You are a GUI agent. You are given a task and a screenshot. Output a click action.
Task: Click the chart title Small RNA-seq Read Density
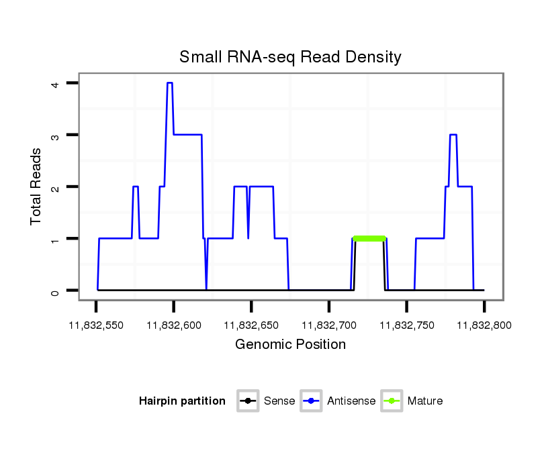click(290, 57)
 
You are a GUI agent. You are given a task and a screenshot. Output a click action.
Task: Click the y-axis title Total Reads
click(37, 187)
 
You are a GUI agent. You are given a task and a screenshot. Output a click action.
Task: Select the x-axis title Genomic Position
click(290, 345)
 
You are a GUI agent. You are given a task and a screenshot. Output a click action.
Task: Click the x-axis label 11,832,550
click(95, 325)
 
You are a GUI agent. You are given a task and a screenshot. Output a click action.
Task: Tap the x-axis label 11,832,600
click(173, 325)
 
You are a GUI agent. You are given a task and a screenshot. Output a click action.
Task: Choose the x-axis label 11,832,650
click(251, 325)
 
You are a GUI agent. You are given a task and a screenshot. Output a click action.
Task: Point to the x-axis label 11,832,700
click(329, 325)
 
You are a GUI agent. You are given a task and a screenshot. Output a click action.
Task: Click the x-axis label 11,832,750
click(406, 325)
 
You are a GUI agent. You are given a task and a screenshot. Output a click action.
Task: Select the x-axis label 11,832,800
click(484, 325)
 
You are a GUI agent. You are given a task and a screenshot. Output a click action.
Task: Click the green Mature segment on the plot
click(369, 238)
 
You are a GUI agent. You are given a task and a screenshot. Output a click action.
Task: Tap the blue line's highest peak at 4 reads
click(170, 83)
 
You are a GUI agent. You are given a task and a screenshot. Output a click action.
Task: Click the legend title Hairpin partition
click(182, 401)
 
